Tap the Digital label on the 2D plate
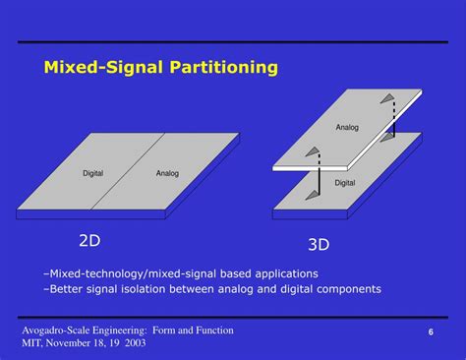click(92, 174)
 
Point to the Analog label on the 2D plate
click(167, 174)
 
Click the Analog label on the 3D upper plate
click(347, 127)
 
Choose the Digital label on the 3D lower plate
click(345, 182)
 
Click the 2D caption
click(90, 239)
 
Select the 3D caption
click(318, 245)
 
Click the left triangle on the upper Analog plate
click(313, 152)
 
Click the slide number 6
click(431, 334)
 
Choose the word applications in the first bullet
click(283, 272)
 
